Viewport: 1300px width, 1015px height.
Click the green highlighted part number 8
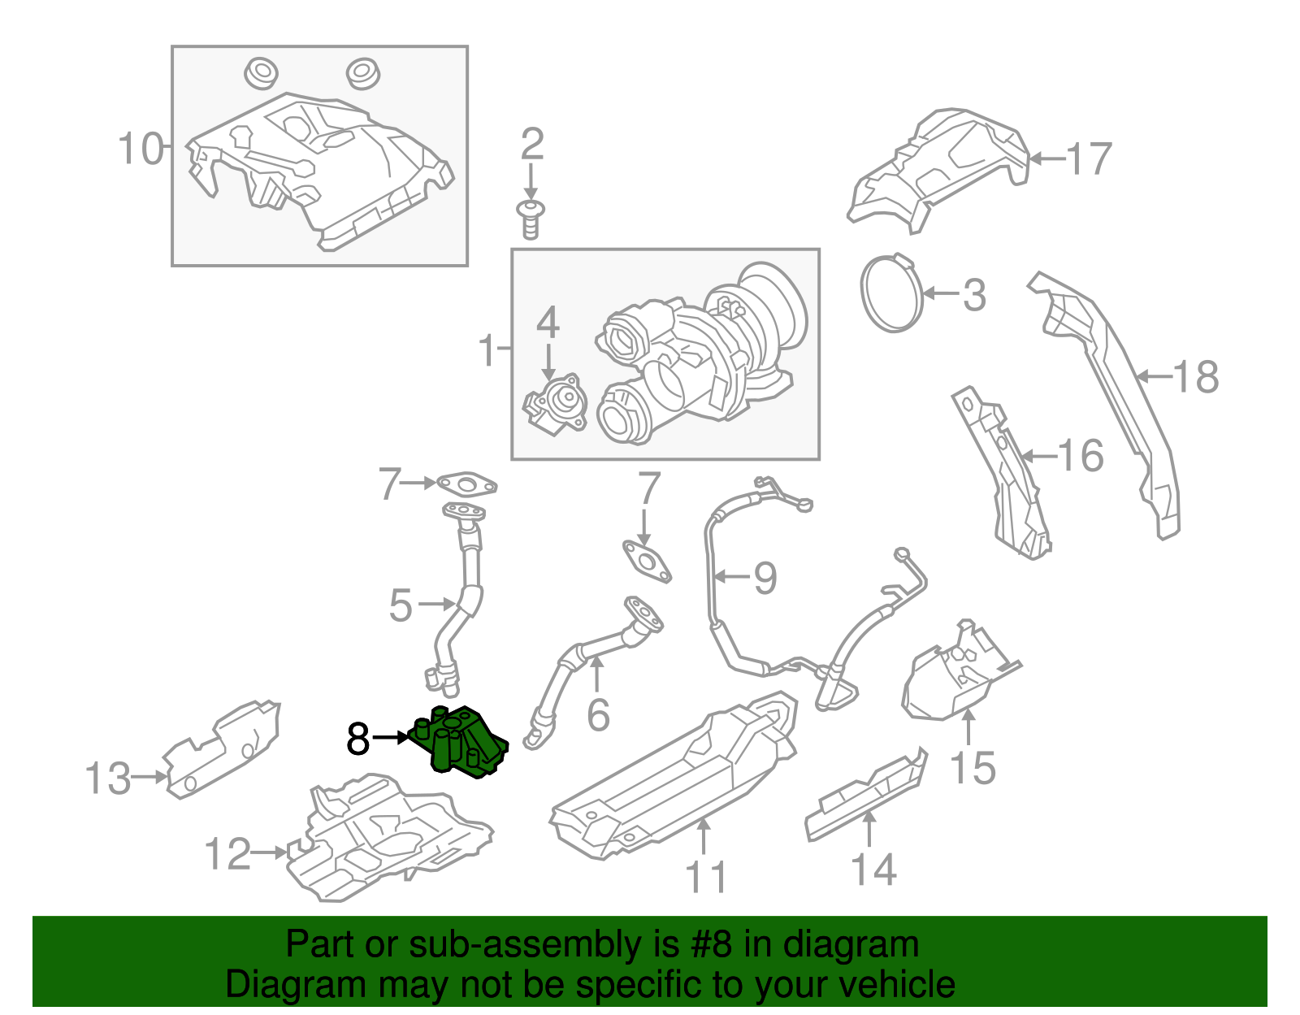[460, 741]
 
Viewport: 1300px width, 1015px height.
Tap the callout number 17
[1089, 159]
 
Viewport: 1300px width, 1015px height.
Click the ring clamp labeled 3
[891, 293]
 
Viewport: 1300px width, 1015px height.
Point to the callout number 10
[140, 150]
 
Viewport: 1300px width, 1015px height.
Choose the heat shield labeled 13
[223, 748]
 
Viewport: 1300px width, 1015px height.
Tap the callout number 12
[227, 854]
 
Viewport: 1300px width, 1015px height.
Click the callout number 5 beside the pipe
[401, 605]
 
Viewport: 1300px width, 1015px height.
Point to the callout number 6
[598, 715]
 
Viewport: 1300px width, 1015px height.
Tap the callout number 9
[765, 578]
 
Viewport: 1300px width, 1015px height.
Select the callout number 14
[873, 870]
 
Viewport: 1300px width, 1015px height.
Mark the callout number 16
[1081, 456]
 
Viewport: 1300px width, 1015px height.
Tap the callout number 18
[1196, 377]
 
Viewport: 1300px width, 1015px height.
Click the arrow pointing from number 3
[940, 293]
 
